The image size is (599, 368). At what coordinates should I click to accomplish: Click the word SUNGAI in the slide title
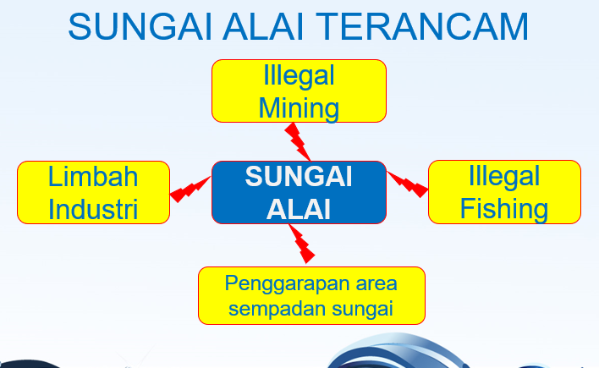(137, 28)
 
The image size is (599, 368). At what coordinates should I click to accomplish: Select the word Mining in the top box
(299, 108)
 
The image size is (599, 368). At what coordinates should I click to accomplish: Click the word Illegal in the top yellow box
(299, 76)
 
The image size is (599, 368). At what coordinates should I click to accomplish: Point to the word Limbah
(93, 177)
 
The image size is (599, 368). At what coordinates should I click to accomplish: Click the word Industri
(93, 208)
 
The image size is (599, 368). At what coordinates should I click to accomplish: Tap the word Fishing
(504, 208)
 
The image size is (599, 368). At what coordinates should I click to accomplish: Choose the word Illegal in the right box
(504, 177)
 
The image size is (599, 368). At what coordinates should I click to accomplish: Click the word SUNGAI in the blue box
(299, 178)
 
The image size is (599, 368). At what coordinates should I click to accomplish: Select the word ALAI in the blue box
(299, 210)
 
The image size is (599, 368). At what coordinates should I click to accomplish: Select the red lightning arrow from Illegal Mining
(298, 140)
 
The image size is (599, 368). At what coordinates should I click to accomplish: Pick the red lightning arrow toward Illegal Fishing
(408, 184)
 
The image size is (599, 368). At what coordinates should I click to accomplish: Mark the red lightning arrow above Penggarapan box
(300, 244)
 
